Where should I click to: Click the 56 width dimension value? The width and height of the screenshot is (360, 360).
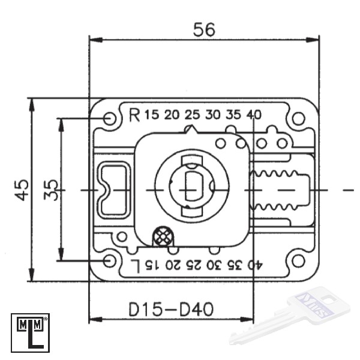(204, 29)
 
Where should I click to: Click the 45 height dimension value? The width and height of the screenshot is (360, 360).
(22, 190)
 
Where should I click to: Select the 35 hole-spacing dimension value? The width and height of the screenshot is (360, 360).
(51, 190)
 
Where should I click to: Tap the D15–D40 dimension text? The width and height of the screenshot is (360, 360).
(171, 309)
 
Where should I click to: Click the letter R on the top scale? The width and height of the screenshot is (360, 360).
(134, 115)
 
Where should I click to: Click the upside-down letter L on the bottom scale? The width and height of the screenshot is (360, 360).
(135, 266)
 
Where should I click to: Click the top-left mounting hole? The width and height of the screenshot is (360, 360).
(110, 118)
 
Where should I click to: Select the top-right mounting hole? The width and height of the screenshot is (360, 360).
(298, 118)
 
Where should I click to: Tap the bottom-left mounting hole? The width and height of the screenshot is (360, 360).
(110, 261)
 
